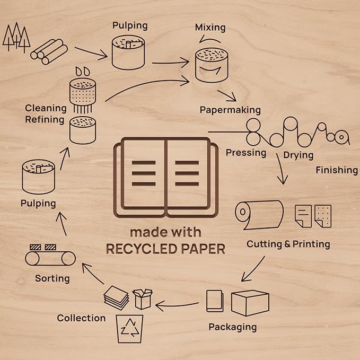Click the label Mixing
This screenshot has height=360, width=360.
coord(210,27)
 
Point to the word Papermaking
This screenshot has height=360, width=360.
coord(230,110)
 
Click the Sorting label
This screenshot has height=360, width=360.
coord(52,278)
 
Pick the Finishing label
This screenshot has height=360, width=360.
coord(337,170)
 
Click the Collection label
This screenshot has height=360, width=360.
coord(81,318)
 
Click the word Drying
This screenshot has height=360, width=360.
coord(298,155)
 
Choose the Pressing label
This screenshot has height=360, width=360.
coord(246,153)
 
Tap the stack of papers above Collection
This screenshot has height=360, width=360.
coord(116,297)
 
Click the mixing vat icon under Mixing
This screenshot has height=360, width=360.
coord(212,66)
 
